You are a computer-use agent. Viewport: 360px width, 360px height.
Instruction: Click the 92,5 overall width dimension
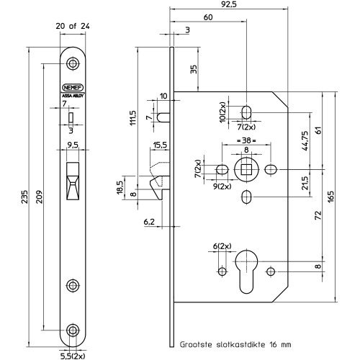click(229, 4)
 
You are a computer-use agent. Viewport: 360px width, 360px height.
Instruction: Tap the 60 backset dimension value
click(208, 17)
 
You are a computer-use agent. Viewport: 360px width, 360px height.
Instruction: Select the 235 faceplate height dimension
click(24, 197)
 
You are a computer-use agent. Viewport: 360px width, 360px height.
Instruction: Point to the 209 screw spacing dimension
click(39, 197)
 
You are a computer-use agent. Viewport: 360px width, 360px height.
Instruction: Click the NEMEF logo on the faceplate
click(73, 88)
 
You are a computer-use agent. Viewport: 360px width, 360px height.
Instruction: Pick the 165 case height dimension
click(330, 197)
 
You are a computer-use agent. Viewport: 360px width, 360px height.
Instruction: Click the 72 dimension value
click(318, 215)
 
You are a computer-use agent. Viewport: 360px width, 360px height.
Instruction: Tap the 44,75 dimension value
click(305, 141)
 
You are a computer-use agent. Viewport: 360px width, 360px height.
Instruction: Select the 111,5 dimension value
click(132, 117)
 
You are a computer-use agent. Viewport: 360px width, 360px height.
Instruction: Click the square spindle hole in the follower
click(246, 170)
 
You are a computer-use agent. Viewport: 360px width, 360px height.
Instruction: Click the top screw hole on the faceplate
click(73, 63)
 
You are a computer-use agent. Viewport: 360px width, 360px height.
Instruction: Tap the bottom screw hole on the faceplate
click(73, 330)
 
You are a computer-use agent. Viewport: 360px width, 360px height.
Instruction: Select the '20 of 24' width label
click(73, 26)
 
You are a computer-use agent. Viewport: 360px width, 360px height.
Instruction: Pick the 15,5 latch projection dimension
click(160, 145)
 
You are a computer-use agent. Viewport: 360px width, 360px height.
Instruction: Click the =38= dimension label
click(246, 140)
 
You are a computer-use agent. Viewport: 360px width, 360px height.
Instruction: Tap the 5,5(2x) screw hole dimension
click(73, 356)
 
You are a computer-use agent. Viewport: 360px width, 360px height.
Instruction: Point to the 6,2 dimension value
click(149, 222)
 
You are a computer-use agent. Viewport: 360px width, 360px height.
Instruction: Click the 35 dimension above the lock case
click(194, 69)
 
